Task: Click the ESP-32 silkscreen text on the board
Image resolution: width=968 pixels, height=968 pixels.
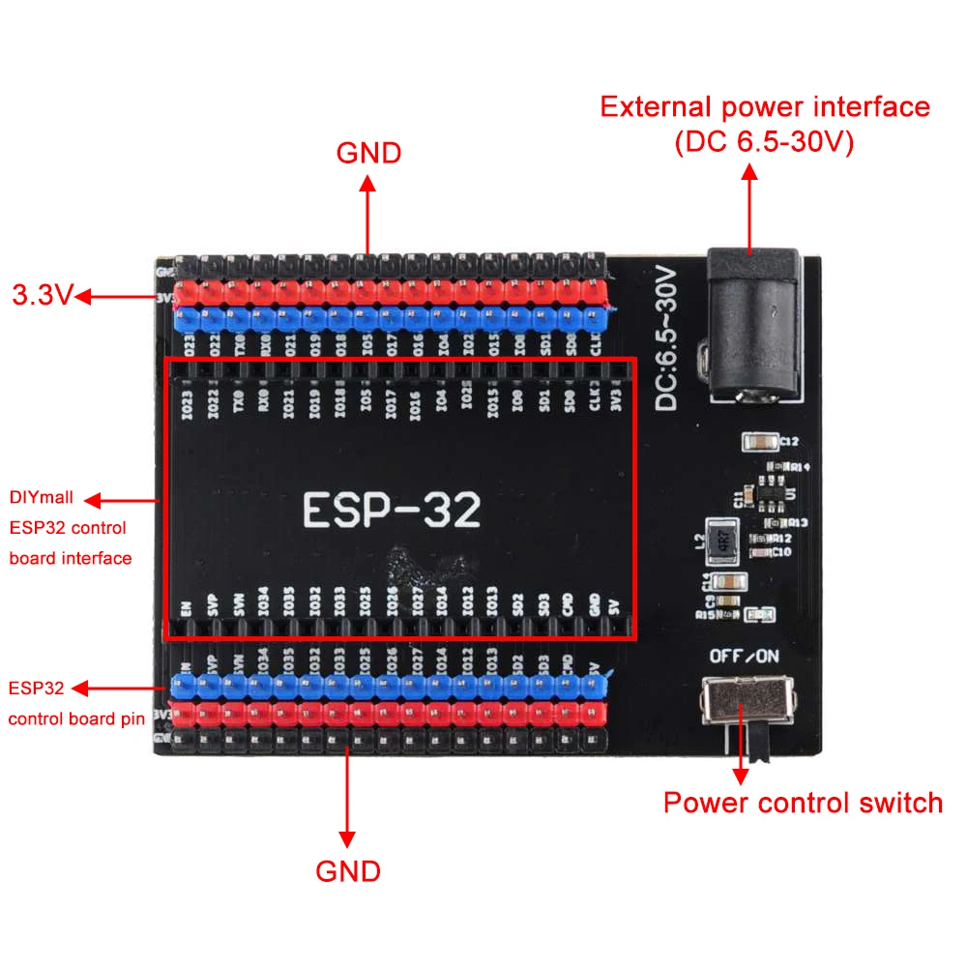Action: tap(392, 509)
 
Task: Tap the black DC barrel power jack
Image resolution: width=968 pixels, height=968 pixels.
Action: tap(753, 324)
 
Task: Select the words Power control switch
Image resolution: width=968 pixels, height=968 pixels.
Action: tap(803, 803)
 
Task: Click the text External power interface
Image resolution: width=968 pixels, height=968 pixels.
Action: tap(765, 106)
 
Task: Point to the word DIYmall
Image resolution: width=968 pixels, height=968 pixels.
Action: tap(43, 499)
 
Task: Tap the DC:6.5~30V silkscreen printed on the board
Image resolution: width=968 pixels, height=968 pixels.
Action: tap(670, 337)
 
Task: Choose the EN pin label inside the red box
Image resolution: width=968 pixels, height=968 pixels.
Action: tap(187, 609)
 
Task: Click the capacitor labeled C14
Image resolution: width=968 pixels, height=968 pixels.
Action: tap(730, 582)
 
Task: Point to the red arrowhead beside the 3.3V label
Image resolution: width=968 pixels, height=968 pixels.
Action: tap(81, 296)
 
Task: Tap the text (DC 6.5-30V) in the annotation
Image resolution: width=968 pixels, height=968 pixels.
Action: tap(764, 143)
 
